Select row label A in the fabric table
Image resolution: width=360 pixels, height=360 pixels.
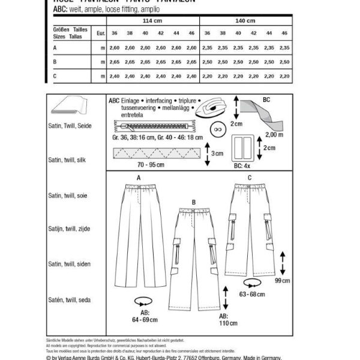click(x=55, y=47)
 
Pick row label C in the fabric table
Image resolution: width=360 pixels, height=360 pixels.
click(x=55, y=76)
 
